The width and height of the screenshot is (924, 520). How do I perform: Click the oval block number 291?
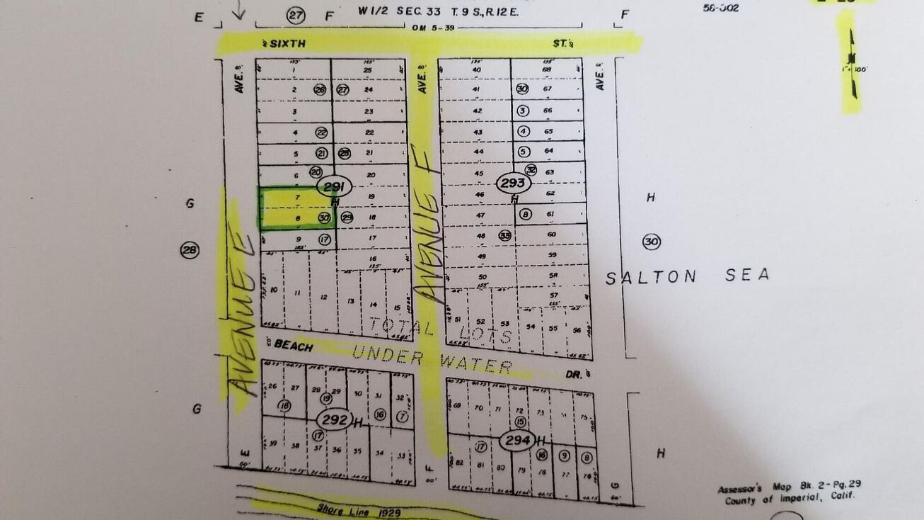[333, 187]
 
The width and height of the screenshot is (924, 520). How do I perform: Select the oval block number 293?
[512, 183]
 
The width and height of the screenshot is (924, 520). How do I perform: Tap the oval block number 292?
[334, 419]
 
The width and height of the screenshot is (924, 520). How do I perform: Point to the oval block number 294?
[516, 441]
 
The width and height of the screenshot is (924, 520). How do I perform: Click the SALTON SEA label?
[687, 276]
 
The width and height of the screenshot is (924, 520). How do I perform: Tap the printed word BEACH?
[293, 346]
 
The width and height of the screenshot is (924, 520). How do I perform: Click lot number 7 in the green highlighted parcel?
[298, 197]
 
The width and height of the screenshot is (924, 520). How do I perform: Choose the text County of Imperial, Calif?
[789, 499]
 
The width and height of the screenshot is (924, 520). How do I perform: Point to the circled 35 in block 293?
[505, 235]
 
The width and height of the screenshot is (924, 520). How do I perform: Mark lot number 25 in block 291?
[367, 70]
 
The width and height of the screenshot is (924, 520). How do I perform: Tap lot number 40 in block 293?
[476, 69]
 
